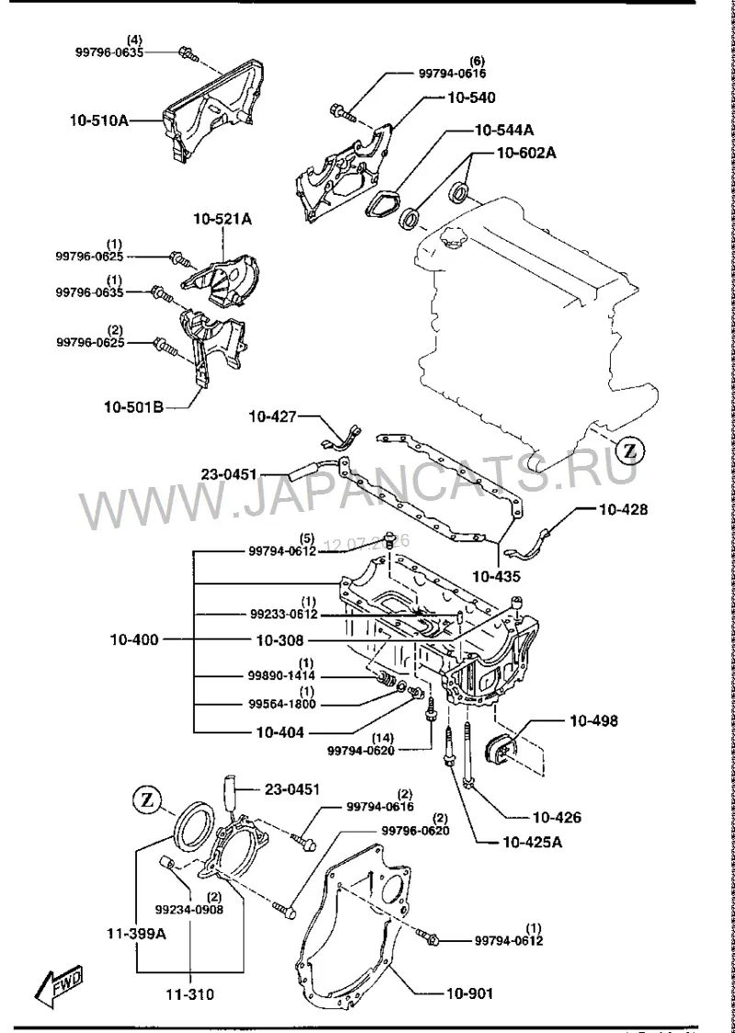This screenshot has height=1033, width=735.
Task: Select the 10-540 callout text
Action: [471, 97]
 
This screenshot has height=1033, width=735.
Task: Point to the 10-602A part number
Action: [526, 153]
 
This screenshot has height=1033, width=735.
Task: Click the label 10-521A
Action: [222, 218]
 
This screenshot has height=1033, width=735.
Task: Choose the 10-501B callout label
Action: [134, 407]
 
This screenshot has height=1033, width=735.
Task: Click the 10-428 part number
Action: [623, 509]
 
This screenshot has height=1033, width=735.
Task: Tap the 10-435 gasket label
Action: [497, 576]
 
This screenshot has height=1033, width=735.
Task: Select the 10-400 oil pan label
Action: [134, 639]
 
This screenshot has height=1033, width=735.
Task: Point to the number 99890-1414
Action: [283, 675]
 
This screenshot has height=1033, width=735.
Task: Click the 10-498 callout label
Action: [594, 721]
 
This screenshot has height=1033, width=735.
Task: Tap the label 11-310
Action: [189, 1011]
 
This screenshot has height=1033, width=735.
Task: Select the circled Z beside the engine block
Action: [630, 451]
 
